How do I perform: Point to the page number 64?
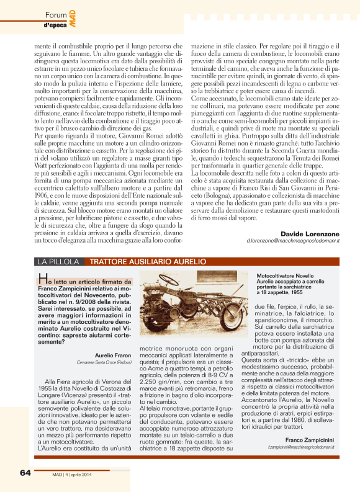[25, 472]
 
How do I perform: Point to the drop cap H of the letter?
[42, 277]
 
